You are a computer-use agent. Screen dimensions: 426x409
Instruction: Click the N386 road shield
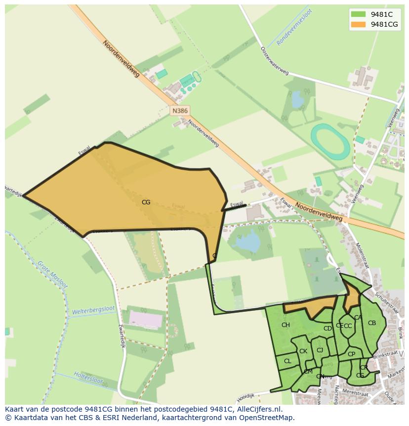180,111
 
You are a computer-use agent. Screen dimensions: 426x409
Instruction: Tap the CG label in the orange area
146,202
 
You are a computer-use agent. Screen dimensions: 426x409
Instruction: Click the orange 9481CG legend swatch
358,24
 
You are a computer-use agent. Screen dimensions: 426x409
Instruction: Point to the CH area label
286,325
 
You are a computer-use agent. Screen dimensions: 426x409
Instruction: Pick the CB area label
372,323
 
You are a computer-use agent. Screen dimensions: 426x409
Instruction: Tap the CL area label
287,361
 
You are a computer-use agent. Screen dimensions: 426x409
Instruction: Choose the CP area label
351,354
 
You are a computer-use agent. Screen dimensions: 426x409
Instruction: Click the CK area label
303,351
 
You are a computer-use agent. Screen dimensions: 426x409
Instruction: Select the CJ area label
320,350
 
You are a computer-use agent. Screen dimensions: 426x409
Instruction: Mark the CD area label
327,328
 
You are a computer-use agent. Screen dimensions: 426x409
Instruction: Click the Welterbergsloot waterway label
93,310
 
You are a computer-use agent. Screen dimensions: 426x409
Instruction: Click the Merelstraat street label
366,394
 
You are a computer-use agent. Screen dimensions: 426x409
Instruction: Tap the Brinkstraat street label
385,355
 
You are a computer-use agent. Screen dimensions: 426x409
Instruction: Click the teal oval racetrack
330,142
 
